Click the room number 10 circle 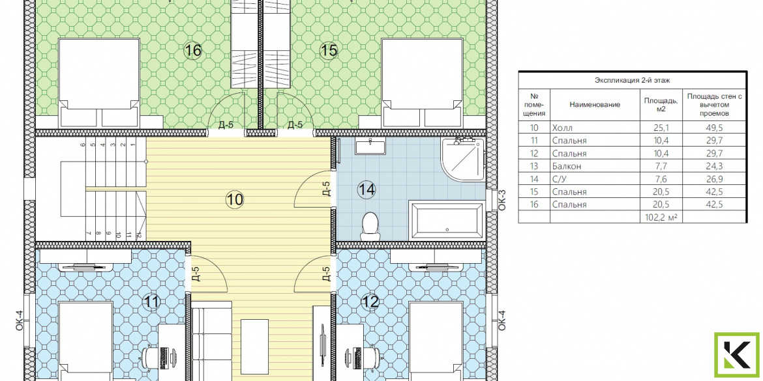coord(235,199)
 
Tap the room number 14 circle coord(367,189)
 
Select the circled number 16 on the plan coord(192,50)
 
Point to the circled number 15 coord(329,50)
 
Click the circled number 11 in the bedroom coord(151,302)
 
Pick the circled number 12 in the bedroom coord(370,302)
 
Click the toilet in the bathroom coord(370,225)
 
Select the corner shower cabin coord(463,160)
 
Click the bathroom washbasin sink coord(370,146)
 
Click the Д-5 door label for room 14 coord(327,189)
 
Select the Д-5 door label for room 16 coord(226,125)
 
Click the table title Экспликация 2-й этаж coord(632,80)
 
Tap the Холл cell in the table coord(563,128)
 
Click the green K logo coord(736,355)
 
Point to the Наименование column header coord(595,104)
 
